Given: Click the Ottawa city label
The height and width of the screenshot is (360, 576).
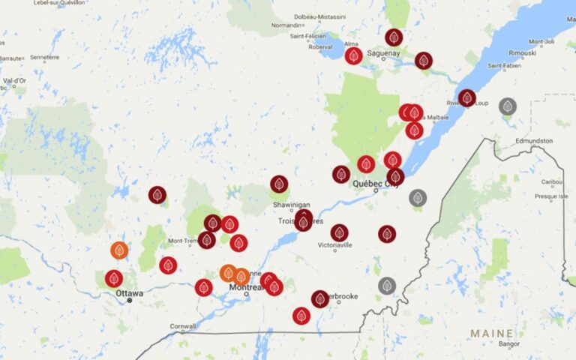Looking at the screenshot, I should point(129,292).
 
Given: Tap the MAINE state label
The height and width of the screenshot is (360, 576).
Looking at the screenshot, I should point(492,333).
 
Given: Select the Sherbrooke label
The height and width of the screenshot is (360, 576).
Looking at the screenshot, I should point(344,297).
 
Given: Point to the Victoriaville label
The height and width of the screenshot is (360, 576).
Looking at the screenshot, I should point(335,245).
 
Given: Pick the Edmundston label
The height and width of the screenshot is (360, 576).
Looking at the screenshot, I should point(534,140).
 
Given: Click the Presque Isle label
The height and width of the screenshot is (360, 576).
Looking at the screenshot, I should point(550,196).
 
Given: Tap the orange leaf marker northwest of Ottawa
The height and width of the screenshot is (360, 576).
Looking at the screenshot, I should point(119,250).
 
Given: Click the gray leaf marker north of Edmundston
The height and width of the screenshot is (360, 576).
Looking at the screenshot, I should point(508,106).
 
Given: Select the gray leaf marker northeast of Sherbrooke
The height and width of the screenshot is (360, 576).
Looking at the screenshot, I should point(387,285).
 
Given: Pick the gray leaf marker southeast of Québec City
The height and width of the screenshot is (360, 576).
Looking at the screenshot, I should point(418,198).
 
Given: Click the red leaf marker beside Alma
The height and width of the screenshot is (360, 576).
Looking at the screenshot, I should point(353,55).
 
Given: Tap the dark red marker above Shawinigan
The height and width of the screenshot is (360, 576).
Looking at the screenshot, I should point(279,184).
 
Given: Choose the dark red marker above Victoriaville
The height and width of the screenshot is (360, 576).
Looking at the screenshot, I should point(340,232).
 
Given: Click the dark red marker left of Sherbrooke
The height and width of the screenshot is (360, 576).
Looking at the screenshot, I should point(320,298).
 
